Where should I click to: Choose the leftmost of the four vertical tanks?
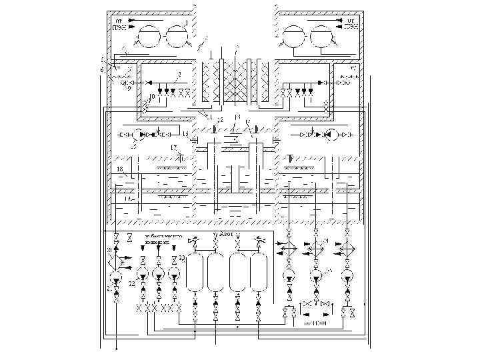tap(194, 271)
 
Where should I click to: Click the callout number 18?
tap(119, 170)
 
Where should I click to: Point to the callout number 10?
tap(151, 97)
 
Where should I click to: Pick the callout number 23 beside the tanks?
tap(181, 258)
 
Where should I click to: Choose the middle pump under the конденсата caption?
tap(158, 273)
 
